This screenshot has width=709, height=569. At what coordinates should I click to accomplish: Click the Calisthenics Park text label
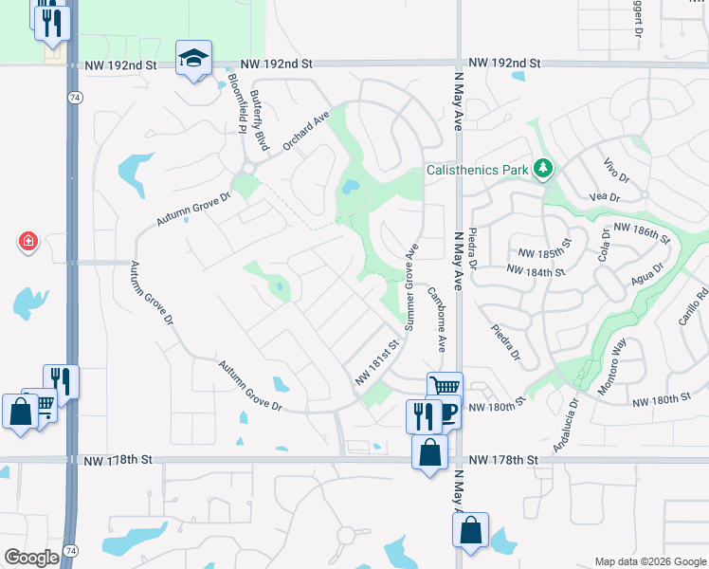pyautogui.click(x=478, y=170)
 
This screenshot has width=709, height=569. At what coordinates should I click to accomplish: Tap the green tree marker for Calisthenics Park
pyautogui.click(x=542, y=169)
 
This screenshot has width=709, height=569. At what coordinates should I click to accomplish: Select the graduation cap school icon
pyautogui.click(x=194, y=59)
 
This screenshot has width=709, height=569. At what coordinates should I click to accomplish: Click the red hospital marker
pyautogui.click(x=28, y=242)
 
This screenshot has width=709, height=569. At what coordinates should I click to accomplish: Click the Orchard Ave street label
pyautogui.click(x=305, y=139)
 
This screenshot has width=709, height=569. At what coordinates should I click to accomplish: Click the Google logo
pyautogui.click(x=31, y=558)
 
